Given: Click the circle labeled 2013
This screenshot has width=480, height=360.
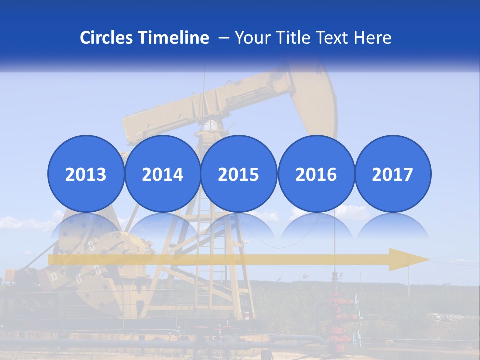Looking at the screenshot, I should [86, 174].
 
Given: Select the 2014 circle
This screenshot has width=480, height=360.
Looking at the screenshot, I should [162, 174].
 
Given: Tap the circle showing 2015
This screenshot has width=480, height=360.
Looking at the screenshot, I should [239, 174].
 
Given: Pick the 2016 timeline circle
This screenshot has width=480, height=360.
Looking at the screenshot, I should [316, 174].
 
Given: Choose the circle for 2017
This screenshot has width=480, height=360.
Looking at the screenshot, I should [392, 174].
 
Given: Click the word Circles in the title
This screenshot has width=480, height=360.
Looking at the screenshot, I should [107, 38].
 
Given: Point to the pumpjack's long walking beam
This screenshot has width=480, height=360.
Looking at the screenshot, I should [210, 105].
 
